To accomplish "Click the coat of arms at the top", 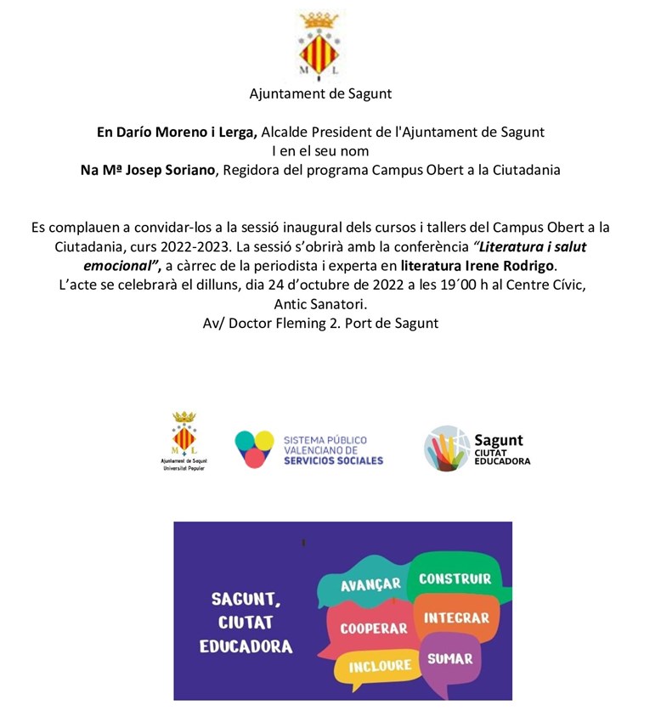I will [320, 44].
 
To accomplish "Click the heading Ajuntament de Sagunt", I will [320, 93].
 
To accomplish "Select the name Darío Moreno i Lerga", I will [176, 133].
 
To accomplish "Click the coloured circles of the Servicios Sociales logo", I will [254, 448].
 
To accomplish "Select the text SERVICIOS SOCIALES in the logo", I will [333, 460].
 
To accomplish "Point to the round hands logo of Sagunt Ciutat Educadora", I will [447, 448].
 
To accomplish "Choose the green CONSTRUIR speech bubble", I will [455, 578].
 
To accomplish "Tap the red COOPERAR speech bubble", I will [374, 629].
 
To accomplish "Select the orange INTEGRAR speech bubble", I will [456, 618].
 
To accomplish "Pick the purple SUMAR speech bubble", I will [449, 659].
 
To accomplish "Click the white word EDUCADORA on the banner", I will [246, 647].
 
